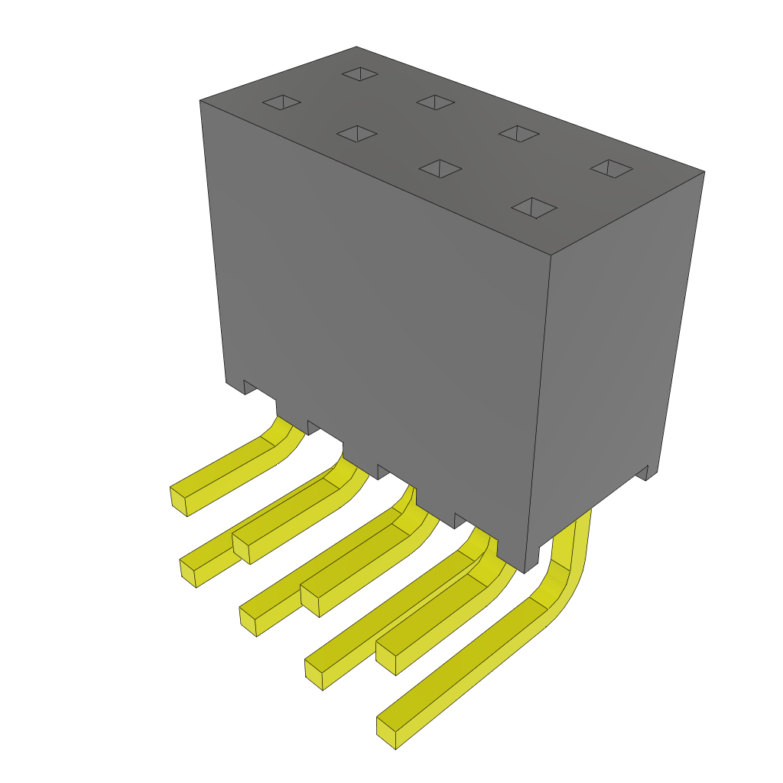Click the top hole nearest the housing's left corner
click(281, 102)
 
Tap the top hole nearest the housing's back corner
click(359, 73)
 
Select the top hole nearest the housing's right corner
click(612, 169)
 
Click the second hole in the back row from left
click(436, 102)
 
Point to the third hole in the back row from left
click(518, 133)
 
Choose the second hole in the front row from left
click(356, 134)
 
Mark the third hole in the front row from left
click(440, 168)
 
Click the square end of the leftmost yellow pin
click(179, 500)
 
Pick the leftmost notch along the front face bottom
click(249, 387)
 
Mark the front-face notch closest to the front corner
click(460, 521)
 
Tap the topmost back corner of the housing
click(356, 47)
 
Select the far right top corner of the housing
click(703, 172)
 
